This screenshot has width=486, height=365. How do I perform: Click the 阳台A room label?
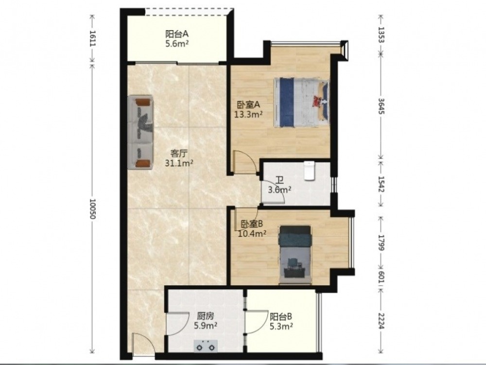pyautogui.click(x=177, y=34)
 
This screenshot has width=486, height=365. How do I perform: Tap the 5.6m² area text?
pyautogui.click(x=177, y=44)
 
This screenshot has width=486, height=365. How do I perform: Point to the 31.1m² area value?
pyautogui.click(x=179, y=163)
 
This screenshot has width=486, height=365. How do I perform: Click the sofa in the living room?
pyautogui.click(x=140, y=132)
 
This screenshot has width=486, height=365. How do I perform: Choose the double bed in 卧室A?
pyautogui.click(x=301, y=103)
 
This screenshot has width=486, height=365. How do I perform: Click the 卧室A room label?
pyautogui.click(x=248, y=104)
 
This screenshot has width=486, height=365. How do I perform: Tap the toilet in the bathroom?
pyautogui.click(x=309, y=171)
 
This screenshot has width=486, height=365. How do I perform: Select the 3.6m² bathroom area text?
pyautogui.click(x=279, y=190)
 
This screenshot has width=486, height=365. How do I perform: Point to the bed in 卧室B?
pyautogui.click(x=295, y=255)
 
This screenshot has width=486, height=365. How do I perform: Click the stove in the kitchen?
pyautogui.click(x=206, y=346)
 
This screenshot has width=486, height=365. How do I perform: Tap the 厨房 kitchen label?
pyautogui.click(x=205, y=316)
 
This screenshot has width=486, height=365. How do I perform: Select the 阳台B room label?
pyautogui.click(x=281, y=317)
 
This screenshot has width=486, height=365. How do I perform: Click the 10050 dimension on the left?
pyautogui.click(x=92, y=209)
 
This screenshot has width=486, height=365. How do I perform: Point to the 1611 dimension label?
pyautogui.click(x=92, y=38)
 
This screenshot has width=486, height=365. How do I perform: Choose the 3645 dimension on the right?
pyautogui.click(x=381, y=106)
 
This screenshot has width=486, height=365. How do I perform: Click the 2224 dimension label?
pyautogui.click(x=381, y=321)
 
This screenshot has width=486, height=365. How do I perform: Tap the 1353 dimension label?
pyautogui.click(x=381, y=35)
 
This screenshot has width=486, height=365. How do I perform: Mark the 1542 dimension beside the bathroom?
pyautogui.click(x=381, y=184)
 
